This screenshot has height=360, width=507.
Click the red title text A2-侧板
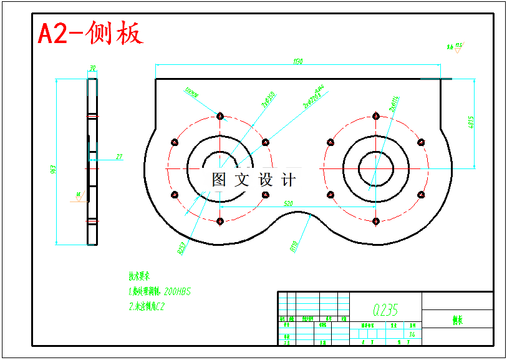pos(90,33)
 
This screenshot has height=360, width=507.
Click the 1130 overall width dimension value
pos(297,61)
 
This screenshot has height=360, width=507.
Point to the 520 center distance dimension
pos(288,203)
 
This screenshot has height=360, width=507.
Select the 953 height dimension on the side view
pos(54,168)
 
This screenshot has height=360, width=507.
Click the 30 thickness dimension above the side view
pos(92,68)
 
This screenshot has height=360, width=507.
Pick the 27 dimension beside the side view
pos(118,156)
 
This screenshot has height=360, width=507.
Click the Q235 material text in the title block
pos(385,309)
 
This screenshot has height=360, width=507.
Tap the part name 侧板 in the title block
pos(458,320)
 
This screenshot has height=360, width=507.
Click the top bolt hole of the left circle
pos(220,115)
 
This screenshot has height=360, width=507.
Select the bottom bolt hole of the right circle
pos(375,221)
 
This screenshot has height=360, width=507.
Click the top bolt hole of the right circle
pos(375,115)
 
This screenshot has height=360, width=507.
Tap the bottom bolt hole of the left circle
pos(220,221)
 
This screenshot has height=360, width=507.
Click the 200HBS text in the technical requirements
pos(176,291)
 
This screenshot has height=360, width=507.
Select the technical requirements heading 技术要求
pos(140,275)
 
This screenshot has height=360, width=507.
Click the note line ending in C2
pos(146,306)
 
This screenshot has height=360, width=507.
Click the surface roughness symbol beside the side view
pos(79,195)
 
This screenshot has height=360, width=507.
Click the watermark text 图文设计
pos(253,180)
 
